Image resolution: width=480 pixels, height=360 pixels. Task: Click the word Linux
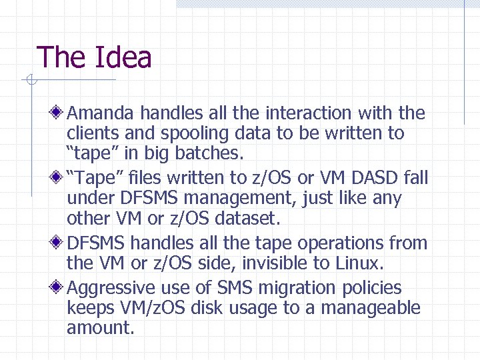[x=359, y=263]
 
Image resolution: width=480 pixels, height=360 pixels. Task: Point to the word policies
[x=372, y=288]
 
